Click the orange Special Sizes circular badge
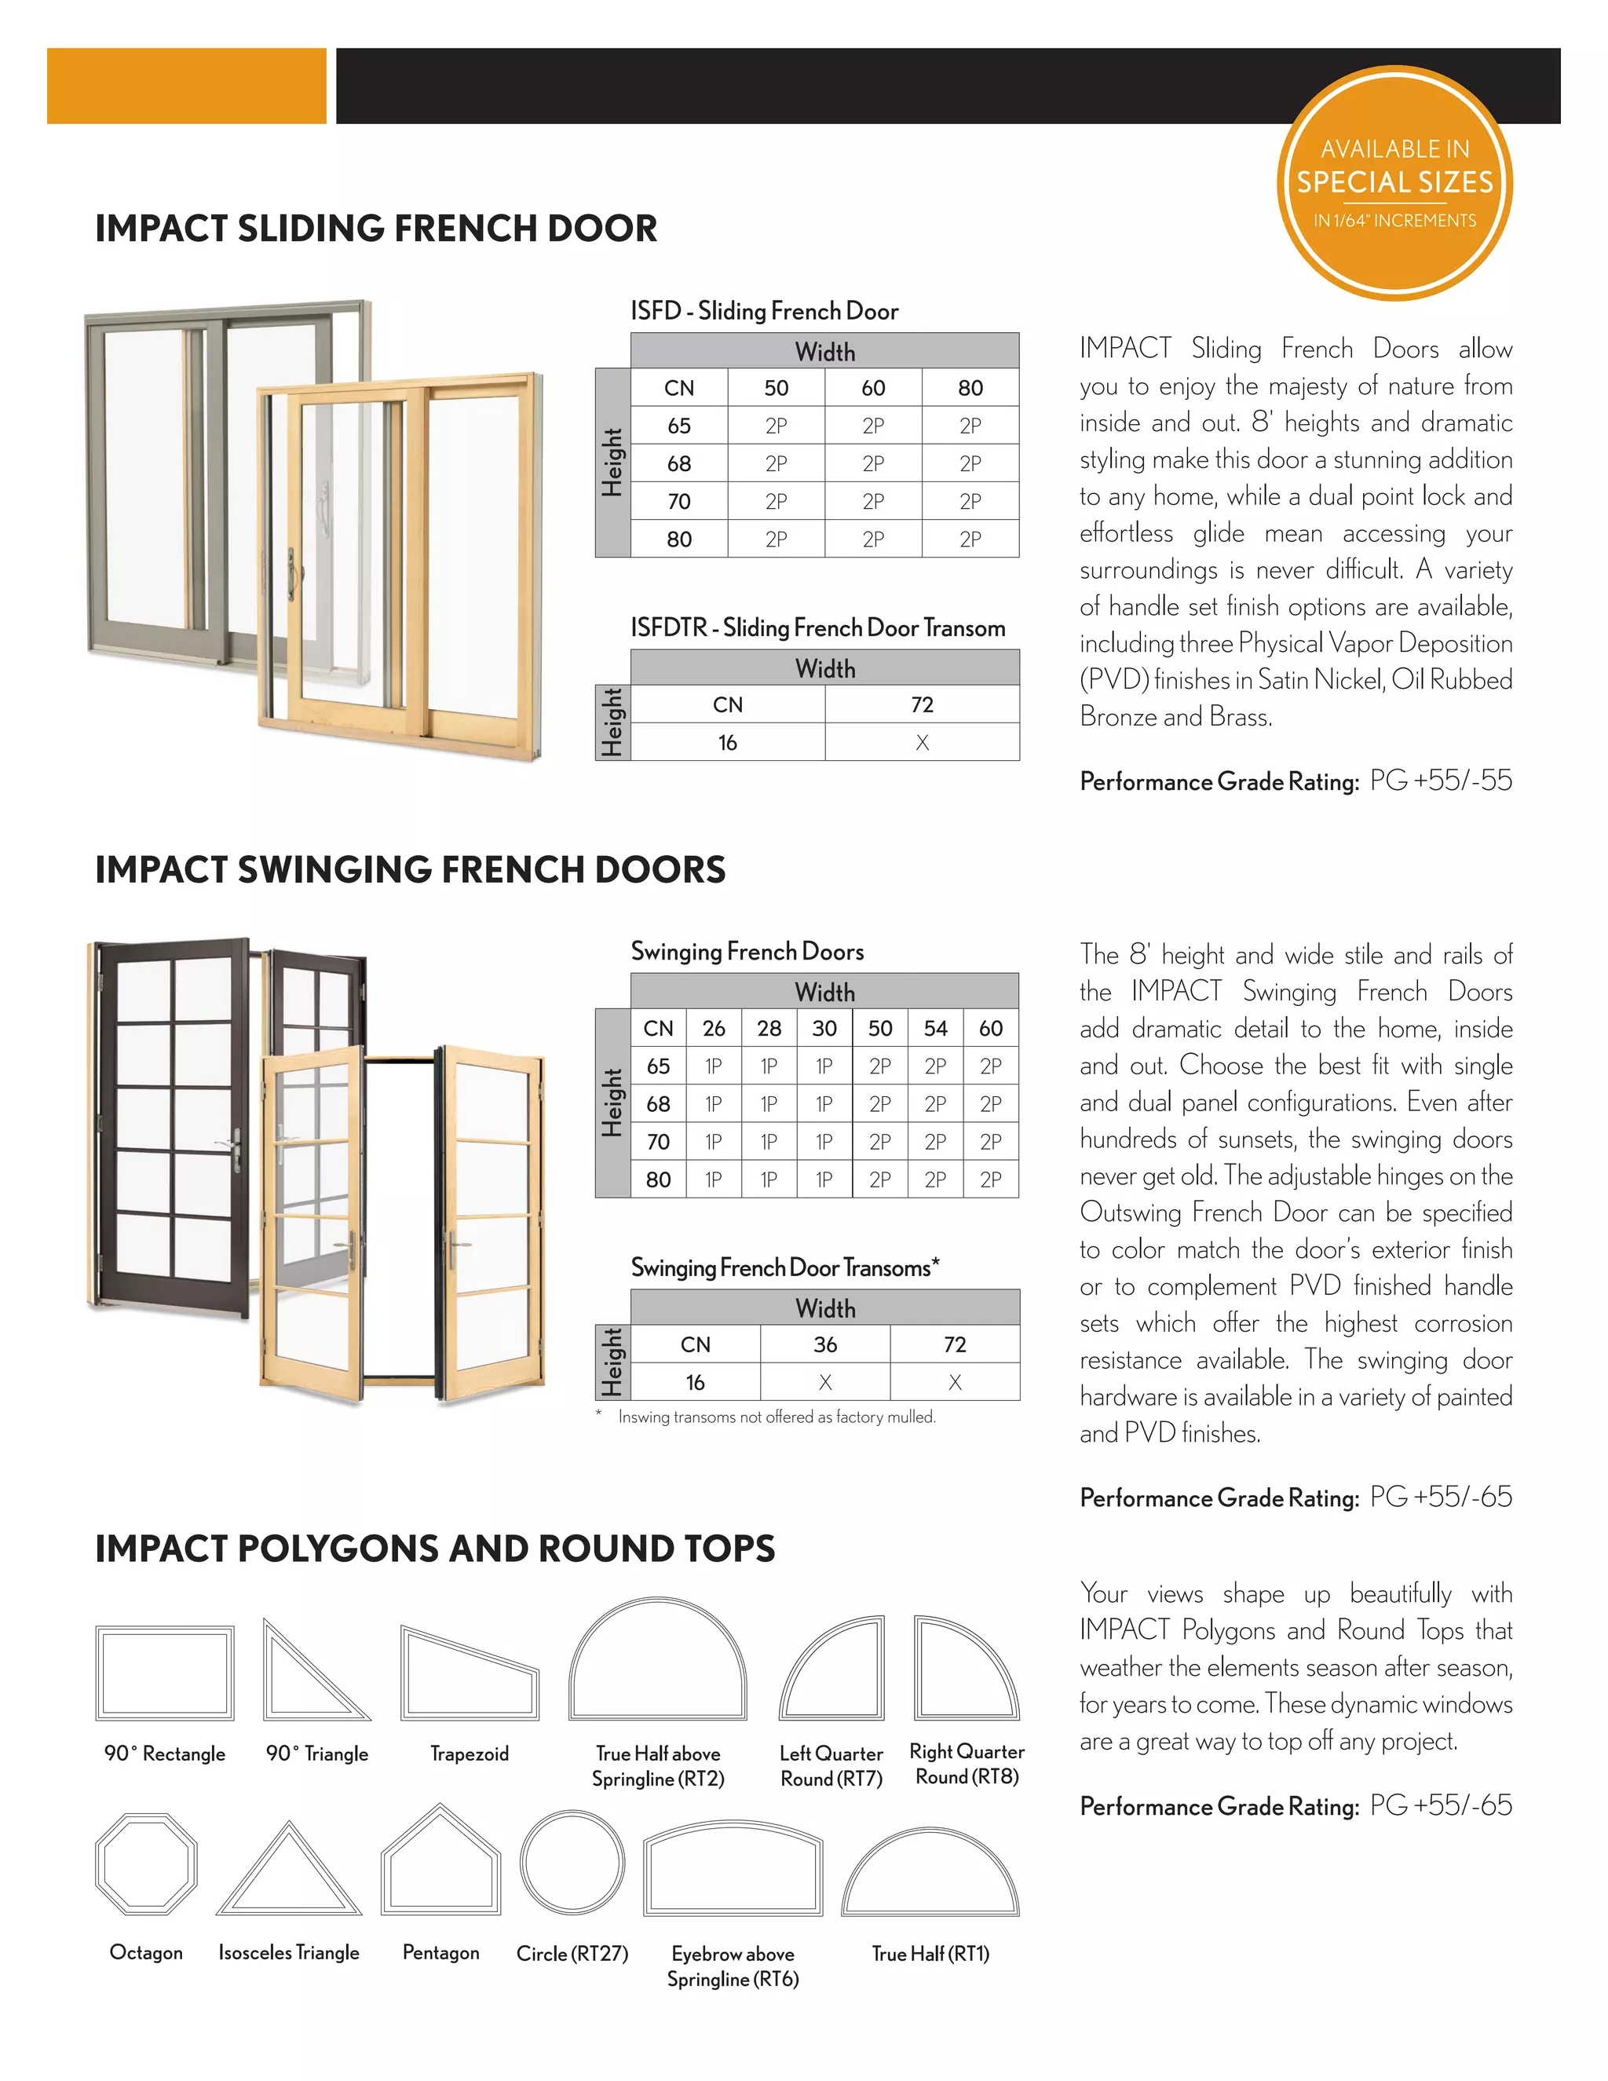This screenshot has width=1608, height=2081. (1394, 183)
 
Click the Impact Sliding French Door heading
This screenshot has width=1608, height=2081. (376, 229)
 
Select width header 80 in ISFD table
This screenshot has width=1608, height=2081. (970, 388)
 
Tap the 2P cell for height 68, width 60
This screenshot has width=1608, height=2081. (872, 464)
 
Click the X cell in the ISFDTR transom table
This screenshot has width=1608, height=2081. (921, 742)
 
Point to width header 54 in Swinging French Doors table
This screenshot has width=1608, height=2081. (934, 1028)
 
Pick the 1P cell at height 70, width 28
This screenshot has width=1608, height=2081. (769, 1142)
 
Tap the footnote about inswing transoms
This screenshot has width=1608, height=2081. (776, 1417)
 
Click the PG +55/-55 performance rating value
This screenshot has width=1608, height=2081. (1440, 781)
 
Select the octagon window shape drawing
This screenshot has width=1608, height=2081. (146, 1863)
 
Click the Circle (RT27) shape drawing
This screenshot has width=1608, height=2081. (572, 1862)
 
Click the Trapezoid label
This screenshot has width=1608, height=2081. (469, 1754)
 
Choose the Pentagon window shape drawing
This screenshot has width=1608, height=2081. (440, 1862)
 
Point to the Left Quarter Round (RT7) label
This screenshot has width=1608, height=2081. (831, 1765)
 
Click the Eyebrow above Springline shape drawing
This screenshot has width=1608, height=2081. (733, 1870)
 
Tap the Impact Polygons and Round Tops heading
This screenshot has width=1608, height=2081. (434, 1549)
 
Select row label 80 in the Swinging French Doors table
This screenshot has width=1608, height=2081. (658, 1179)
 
